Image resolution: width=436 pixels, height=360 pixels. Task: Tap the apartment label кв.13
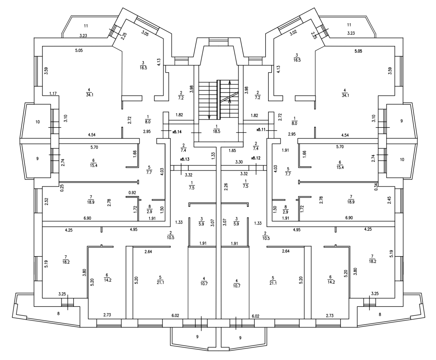pos(185,159)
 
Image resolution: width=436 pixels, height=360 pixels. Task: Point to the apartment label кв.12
pos(256,158)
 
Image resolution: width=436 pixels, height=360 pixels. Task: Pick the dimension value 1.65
pos(232,150)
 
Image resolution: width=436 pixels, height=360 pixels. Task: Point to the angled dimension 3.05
pos(145,32)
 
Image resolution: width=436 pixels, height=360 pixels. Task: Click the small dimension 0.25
pos(62,188)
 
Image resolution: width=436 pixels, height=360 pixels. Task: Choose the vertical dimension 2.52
pos(46,200)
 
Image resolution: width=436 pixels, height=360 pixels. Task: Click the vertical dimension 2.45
pos(390,200)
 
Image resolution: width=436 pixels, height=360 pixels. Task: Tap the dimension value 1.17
pos(53,93)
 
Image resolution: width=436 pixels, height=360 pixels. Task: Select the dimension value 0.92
pos(132,193)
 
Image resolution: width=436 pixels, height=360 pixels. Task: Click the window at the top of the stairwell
pos(218,41)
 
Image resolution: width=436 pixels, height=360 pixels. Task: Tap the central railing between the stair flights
pos(218,100)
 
